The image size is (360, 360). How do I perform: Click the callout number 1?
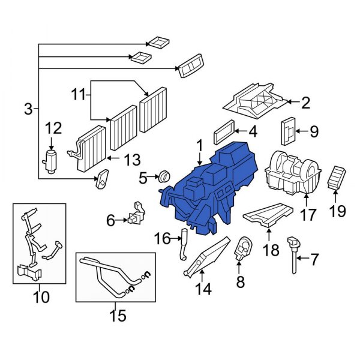[x=199, y=146]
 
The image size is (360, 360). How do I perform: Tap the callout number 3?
[x=28, y=109]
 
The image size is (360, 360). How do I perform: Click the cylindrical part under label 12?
[x=51, y=161]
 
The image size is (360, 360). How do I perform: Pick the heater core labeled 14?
[x=206, y=257]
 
